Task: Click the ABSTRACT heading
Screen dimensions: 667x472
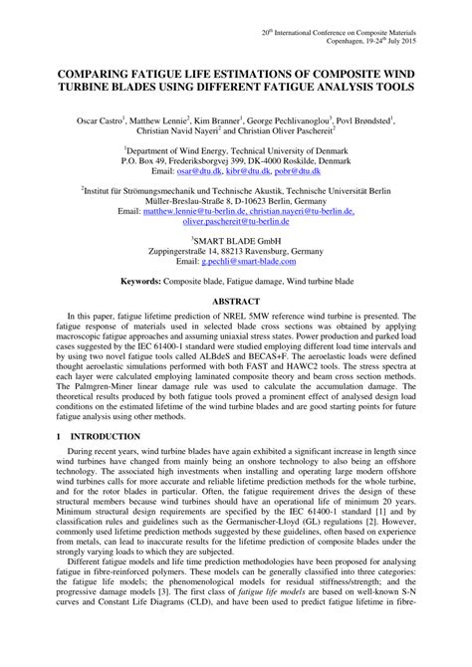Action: (x=236, y=300)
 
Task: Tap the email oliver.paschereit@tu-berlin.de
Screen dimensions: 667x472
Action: (x=236, y=224)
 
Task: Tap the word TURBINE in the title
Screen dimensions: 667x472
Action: (x=96, y=88)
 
